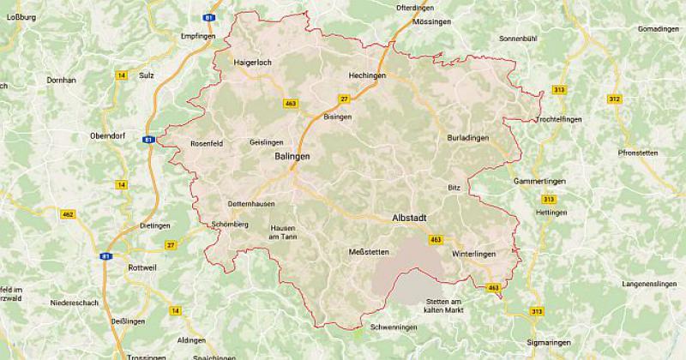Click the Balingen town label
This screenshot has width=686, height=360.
pyautogui.click(x=292, y=158)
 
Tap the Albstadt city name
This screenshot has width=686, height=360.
pyautogui.click(x=410, y=218)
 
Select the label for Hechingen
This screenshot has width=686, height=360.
pyautogui.click(x=367, y=75)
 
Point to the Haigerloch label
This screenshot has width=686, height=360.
pyautogui.click(x=252, y=63)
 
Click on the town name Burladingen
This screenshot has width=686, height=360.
pyautogui.click(x=468, y=137)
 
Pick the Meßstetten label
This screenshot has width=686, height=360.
pyautogui.click(x=370, y=251)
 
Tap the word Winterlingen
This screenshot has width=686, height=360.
pyautogui.click(x=472, y=253)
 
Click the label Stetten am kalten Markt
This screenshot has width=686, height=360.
pyautogui.click(x=443, y=305)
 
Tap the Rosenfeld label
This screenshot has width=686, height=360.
pyautogui.click(x=206, y=143)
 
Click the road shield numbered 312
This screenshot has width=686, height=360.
pyautogui.click(x=613, y=100)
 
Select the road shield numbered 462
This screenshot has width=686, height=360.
pyautogui.click(x=69, y=214)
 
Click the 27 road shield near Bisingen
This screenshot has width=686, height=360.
pyautogui.click(x=344, y=99)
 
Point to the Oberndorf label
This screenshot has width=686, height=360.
pyautogui.click(x=108, y=136)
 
